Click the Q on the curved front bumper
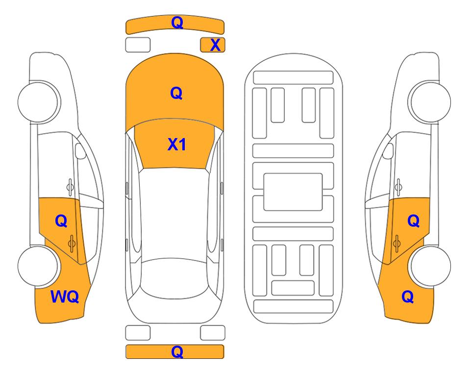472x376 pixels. pyautogui.click(x=177, y=23)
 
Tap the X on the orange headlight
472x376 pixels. pyautogui.click(x=215, y=45)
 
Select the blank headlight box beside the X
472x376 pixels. pyautogui.click(x=138, y=45)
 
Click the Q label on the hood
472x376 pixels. pyautogui.click(x=176, y=93)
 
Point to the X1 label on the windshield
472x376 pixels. pyautogui.click(x=176, y=144)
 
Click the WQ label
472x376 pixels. pyautogui.click(x=65, y=297)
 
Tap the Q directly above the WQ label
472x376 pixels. pyautogui.click(x=61, y=221)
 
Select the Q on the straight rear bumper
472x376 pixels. pyautogui.click(x=177, y=352)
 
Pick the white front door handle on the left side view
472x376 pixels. pyautogui.click(x=70, y=187)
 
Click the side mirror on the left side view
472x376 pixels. pyautogui.click(x=80, y=151)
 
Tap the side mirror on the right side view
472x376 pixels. pyautogui.click(x=388, y=151)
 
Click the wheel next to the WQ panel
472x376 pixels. pyautogui.click(x=38, y=266)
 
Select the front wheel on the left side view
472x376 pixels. pyautogui.click(x=38, y=102)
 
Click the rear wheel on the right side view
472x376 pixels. pyautogui.click(x=430, y=266)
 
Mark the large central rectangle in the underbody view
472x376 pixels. pyautogui.click(x=293, y=192)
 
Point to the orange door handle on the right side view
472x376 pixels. pyautogui.click(x=397, y=243)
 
